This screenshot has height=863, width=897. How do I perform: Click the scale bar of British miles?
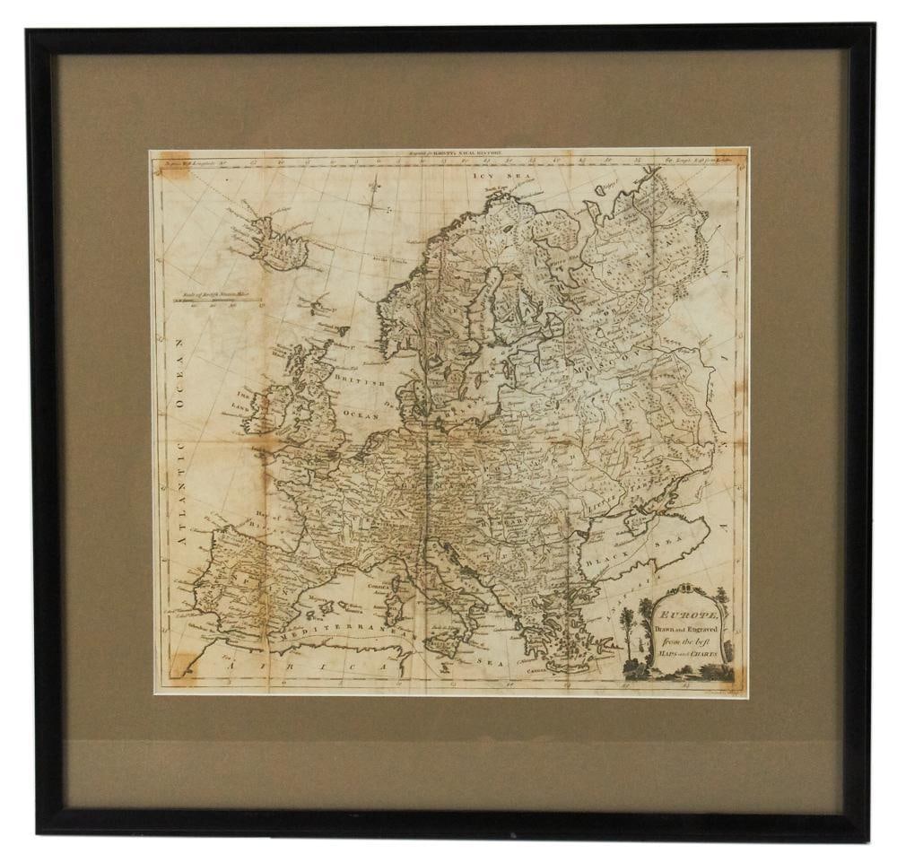(x=208, y=297)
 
